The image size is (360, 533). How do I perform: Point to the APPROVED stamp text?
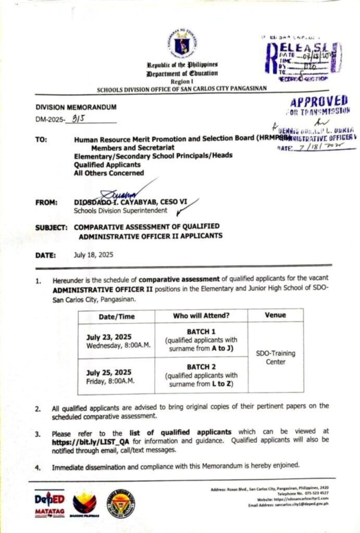coord(319,101)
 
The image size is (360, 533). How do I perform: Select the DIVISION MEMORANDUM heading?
coord(76,107)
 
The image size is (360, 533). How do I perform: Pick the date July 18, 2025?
coord(93,255)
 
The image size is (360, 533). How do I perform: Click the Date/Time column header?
coord(116,316)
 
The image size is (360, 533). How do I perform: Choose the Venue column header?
coord(276,315)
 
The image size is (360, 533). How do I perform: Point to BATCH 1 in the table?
coord(201,332)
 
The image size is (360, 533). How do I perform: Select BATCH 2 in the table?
coord(201,366)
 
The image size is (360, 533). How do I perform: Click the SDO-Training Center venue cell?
coord(276,357)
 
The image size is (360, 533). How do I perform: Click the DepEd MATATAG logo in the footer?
coord(50,503)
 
